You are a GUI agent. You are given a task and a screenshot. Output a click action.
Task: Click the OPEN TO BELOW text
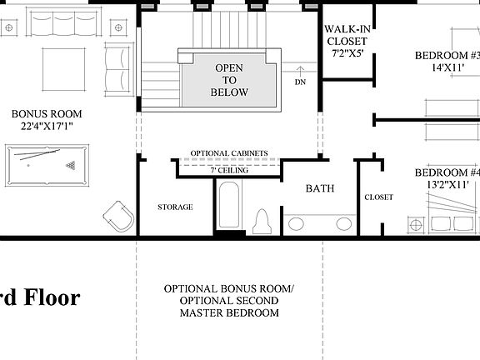(x=230, y=80)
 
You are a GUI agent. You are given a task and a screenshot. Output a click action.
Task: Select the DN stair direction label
(x=300, y=82)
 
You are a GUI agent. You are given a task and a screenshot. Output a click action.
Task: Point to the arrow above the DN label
(x=300, y=70)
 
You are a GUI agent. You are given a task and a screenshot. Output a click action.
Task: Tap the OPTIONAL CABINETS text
(x=229, y=153)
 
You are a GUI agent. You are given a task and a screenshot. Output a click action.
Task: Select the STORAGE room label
(x=175, y=207)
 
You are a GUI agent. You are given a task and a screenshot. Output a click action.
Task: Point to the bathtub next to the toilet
(x=229, y=208)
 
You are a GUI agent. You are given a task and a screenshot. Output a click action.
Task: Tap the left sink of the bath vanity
(x=296, y=223)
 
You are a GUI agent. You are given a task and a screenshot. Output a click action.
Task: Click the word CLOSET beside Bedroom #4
(x=378, y=197)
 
